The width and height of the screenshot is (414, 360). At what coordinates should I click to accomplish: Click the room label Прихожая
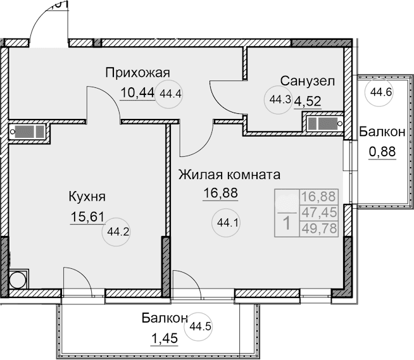tap(138, 72)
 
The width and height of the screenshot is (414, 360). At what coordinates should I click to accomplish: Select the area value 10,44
tap(137, 93)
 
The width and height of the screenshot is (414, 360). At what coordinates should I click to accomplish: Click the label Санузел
tap(307, 81)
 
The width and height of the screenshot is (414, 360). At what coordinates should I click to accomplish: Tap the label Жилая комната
tap(229, 174)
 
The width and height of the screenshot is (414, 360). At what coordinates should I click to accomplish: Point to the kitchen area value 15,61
tap(86, 218)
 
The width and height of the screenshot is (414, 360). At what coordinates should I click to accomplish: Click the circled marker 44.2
tap(116, 231)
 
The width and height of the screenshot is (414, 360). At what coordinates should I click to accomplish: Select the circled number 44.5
tap(200, 326)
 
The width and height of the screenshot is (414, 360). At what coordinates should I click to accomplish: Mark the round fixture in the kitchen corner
tap(18, 279)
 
